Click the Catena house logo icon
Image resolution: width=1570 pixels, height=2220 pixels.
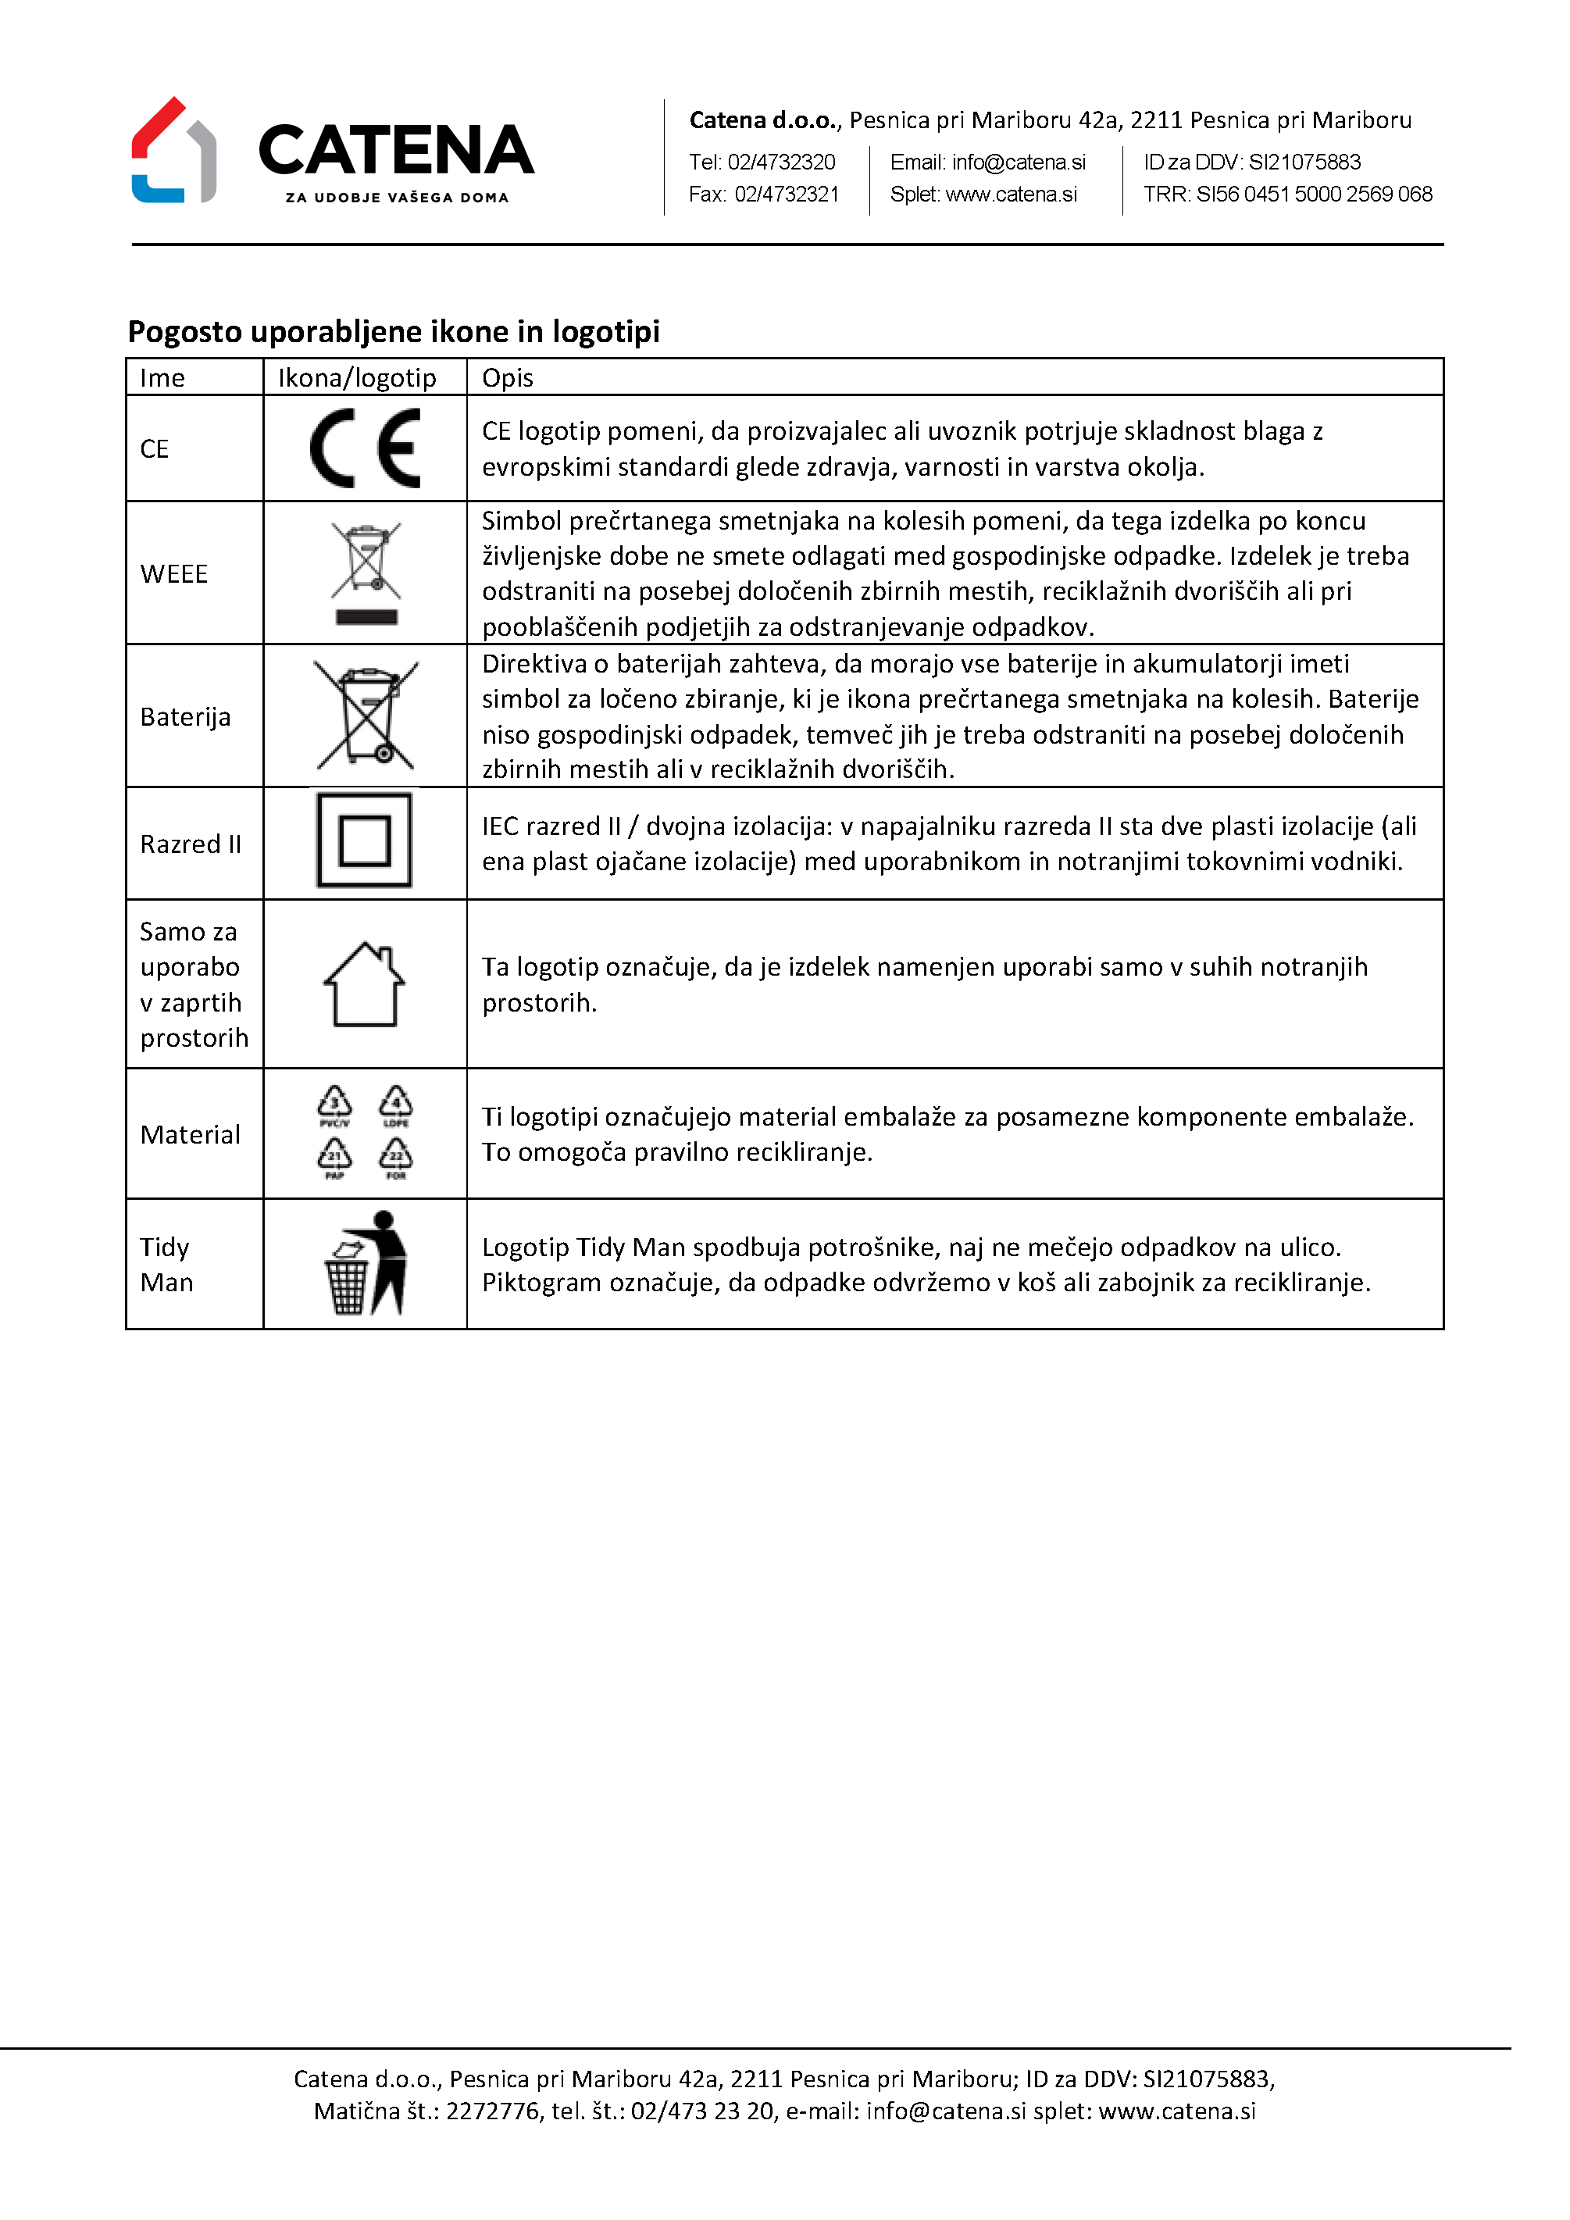click(174, 151)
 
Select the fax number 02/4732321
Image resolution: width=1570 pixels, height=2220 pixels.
click(786, 195)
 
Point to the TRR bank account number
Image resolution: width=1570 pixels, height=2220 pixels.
click(1314, 195)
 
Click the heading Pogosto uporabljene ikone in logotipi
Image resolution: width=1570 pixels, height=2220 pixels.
click(394, 332)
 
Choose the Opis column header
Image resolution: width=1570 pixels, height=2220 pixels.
click(508, 378)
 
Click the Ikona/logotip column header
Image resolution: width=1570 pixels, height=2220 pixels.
click(357, 378)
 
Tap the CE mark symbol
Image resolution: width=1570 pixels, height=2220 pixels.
click(366, 448)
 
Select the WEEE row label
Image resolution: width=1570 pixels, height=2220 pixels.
click(174, 574)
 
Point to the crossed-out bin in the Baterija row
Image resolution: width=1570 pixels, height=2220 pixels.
click(366, 716)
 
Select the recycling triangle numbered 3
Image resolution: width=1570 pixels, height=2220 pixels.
click(334, 1102)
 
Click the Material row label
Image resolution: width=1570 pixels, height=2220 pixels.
click(191, 1135)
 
